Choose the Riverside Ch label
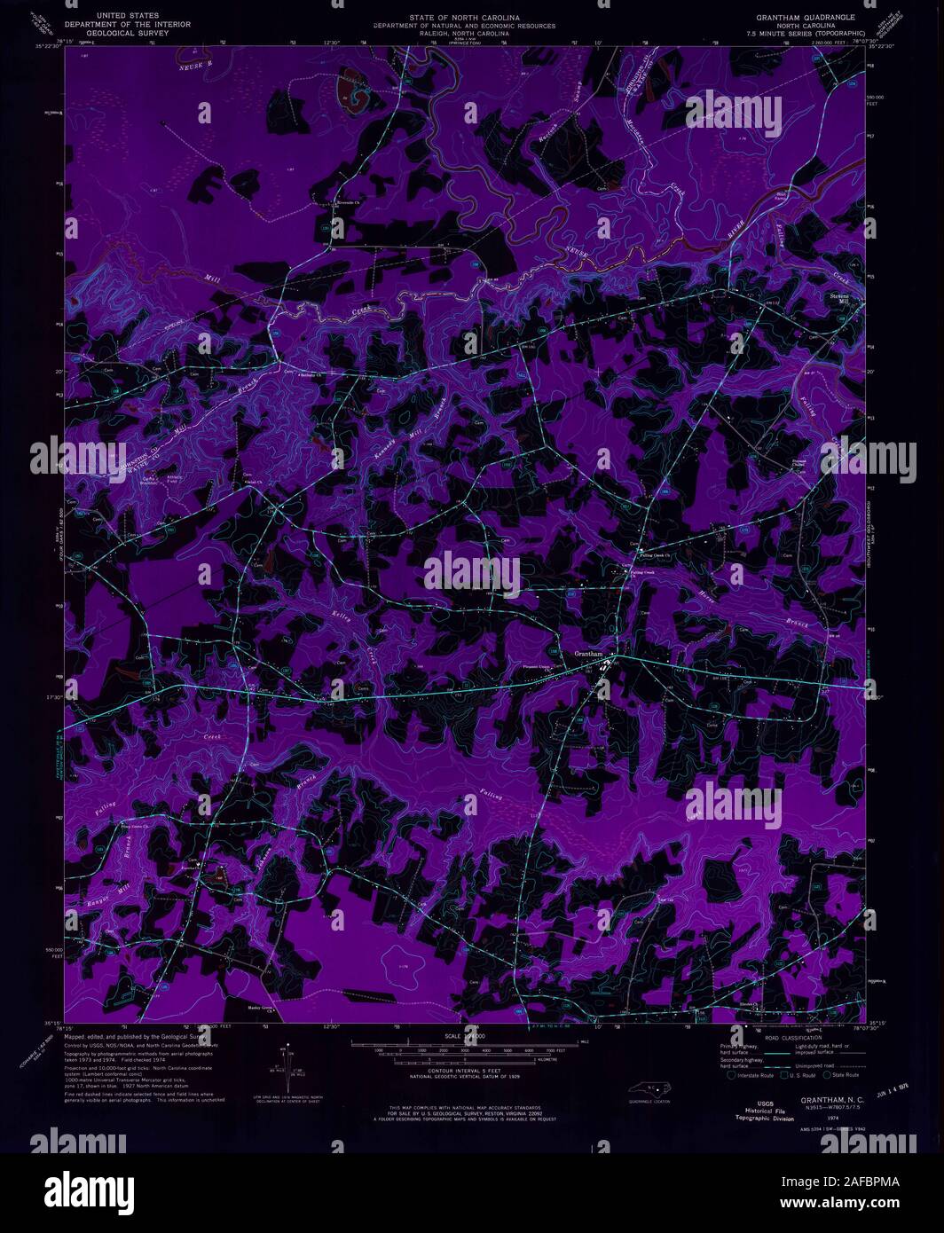[x=349, y=203]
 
